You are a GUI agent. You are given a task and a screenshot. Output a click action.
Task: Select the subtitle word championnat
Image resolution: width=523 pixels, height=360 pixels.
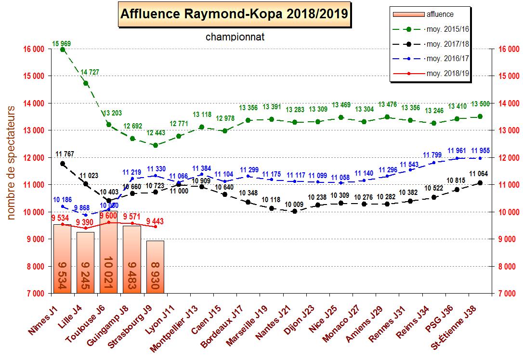[235, 37]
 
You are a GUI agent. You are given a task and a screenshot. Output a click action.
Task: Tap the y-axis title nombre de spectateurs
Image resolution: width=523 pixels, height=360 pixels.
[12, 164]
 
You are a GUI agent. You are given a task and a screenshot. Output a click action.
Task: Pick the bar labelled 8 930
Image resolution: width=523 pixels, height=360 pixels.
[155, 267]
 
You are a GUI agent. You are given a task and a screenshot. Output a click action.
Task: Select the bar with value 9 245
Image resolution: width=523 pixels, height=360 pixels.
[86, 263]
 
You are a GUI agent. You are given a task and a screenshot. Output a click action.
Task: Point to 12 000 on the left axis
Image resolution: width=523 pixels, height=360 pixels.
[34, 158]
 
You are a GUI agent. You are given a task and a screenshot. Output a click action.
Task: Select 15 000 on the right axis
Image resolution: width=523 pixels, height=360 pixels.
[508, 76]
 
